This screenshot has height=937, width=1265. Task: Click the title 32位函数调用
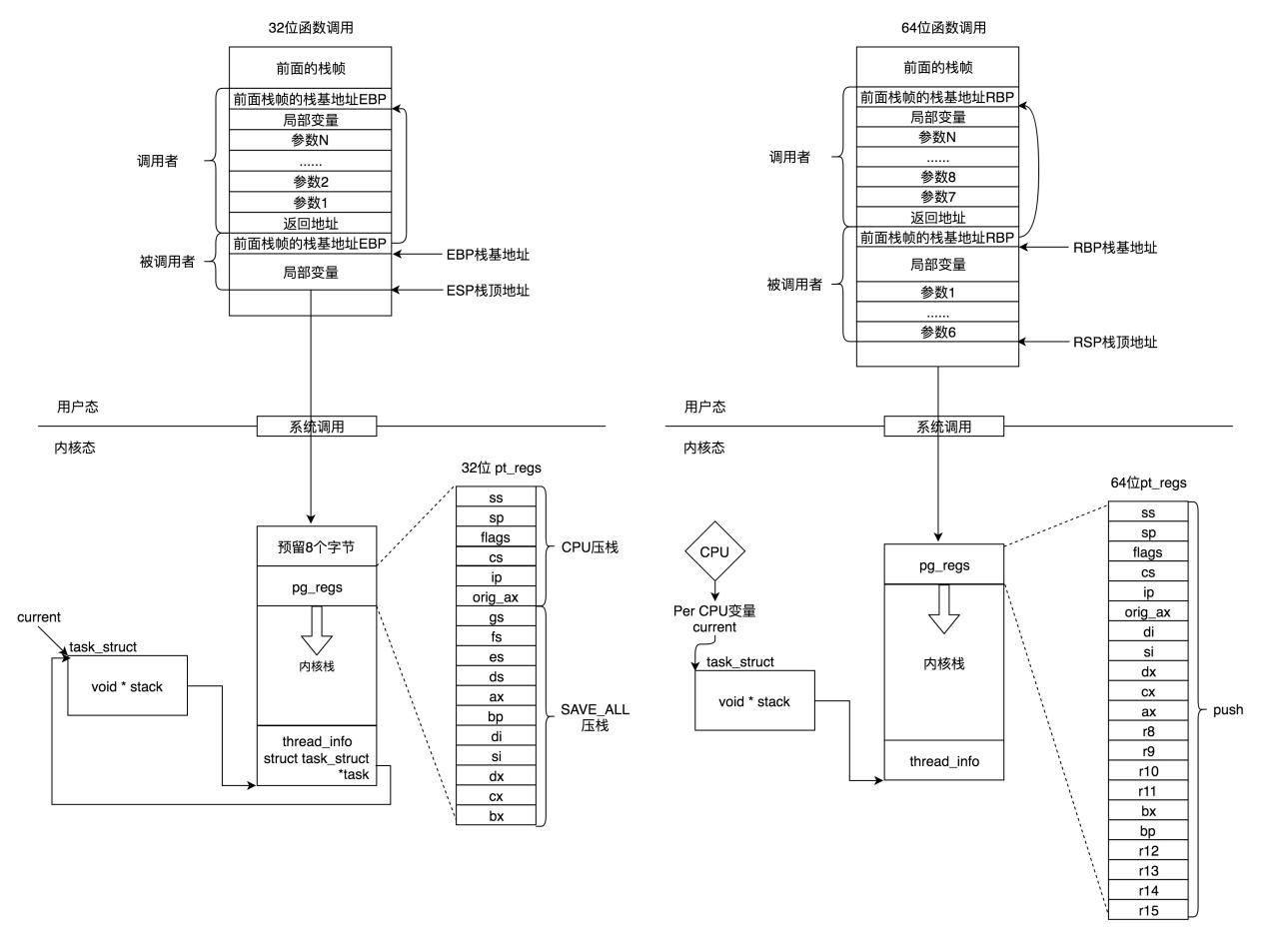311,28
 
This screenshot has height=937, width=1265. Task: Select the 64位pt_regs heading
1148,482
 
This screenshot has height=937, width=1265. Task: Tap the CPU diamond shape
714,550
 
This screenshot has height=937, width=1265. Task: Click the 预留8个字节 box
317,546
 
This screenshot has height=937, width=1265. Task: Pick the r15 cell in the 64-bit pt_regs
1148,910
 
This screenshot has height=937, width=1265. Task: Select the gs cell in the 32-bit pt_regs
496,617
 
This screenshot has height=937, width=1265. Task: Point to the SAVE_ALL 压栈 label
595,717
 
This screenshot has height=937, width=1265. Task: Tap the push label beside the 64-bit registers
1227,709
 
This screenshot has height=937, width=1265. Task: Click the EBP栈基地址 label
488,255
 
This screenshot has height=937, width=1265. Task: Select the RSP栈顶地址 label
1115,342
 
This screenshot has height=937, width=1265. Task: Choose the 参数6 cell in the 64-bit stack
938,332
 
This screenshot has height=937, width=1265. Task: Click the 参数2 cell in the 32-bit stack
310,182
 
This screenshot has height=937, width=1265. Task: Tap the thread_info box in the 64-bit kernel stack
943,761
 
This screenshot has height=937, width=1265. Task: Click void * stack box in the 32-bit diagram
127,686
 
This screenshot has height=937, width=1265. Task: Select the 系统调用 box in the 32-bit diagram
317,427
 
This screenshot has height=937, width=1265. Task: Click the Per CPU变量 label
714,610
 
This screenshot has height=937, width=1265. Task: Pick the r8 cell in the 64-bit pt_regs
1148,731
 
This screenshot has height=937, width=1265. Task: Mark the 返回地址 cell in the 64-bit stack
938,217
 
